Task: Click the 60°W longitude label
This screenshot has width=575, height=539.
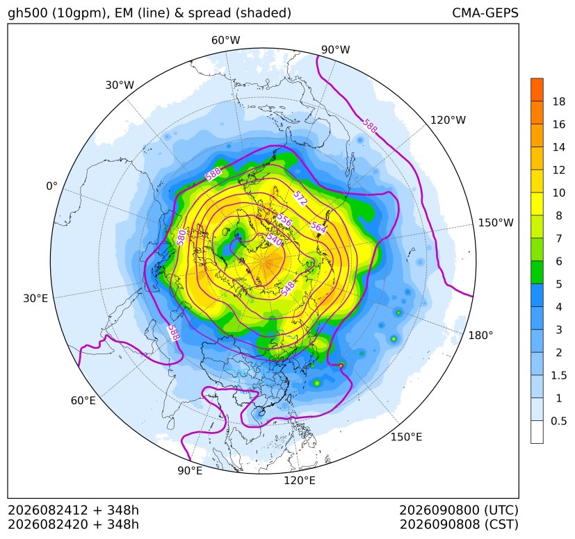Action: click(x=225, y=40)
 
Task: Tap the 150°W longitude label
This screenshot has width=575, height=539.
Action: click(x=496, y=222)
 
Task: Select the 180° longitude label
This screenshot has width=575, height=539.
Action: click(x=480, y=335)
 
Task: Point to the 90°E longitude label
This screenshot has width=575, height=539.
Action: click(x=190, y=470)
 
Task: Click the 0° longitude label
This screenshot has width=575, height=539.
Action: click(x=52, y=186)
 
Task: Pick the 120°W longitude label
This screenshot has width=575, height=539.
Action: click(x=448, y=120)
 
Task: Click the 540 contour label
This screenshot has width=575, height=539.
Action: click(x=274, y=240)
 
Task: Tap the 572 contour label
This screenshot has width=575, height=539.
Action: click(x=300, y=198)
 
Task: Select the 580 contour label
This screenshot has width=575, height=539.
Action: click(x=181, y=237)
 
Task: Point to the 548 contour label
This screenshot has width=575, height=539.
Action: click(x=288, y=288)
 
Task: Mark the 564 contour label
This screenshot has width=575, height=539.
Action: click(x=318, y=227)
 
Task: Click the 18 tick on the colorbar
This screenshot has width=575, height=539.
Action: click(x=559, y=101)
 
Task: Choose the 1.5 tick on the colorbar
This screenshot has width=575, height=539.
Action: click(x=559, y=375)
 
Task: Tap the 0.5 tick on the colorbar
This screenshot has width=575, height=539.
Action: click(x=559, y=421)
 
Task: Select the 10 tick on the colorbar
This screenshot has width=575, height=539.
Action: click(x=559, y=192)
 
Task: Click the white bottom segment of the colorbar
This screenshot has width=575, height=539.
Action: click(x=537, y=432)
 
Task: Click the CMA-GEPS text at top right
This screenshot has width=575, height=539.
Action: click(x=485, y=13)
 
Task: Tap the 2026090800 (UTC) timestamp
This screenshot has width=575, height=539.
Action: click(x=459, y=510)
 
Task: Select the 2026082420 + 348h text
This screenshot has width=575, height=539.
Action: click(x=73, y=524)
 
